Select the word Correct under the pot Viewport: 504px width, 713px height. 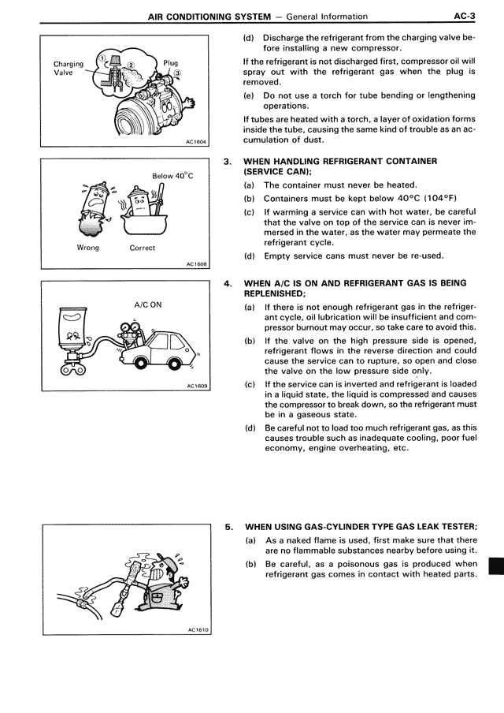(143, 248)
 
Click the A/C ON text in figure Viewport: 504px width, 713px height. (148, 304)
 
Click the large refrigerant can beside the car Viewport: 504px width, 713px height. (79, 331)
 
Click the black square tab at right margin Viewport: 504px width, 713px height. (495, 566)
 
